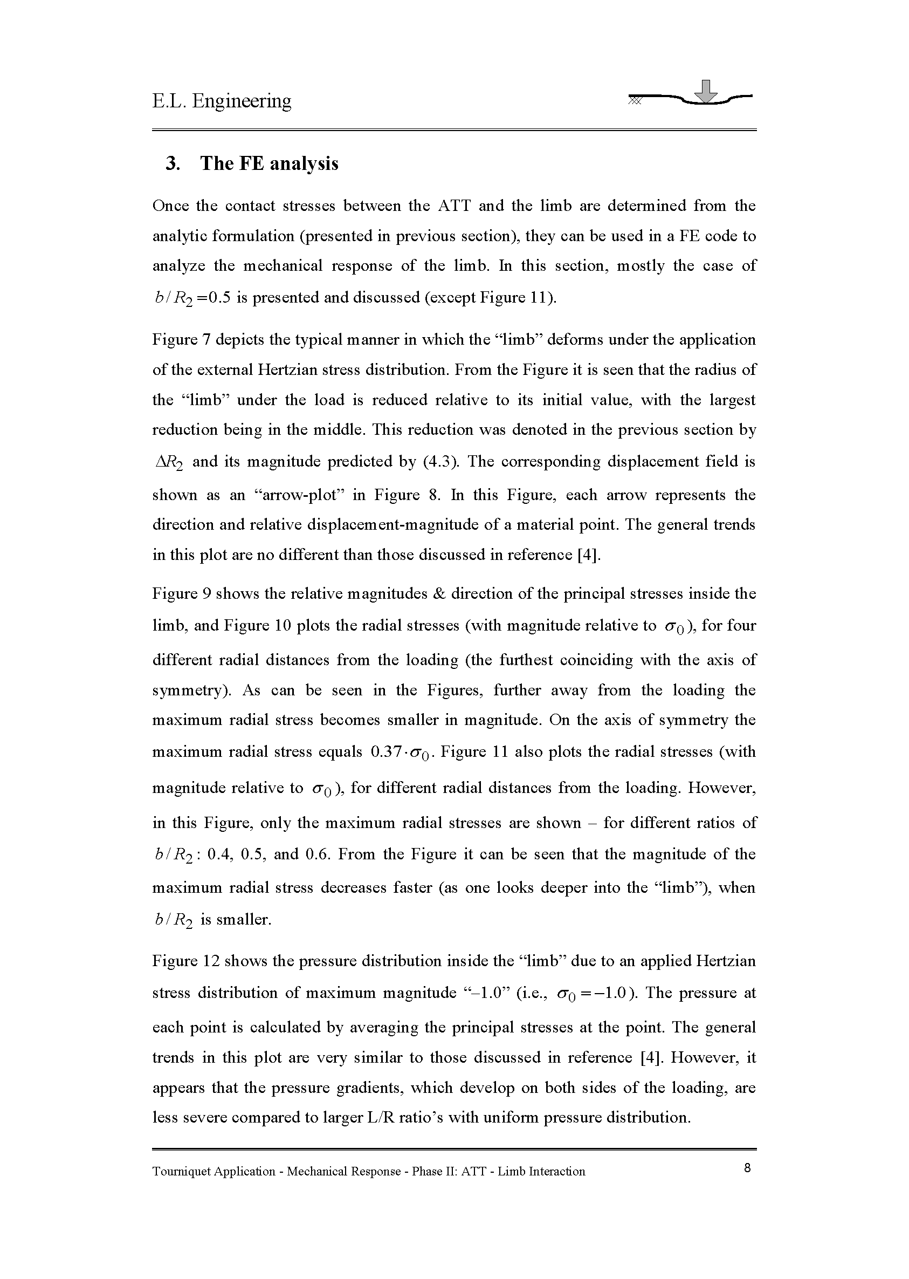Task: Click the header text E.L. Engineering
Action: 222,101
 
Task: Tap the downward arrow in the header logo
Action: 708,92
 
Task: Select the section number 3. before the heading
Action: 173,163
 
